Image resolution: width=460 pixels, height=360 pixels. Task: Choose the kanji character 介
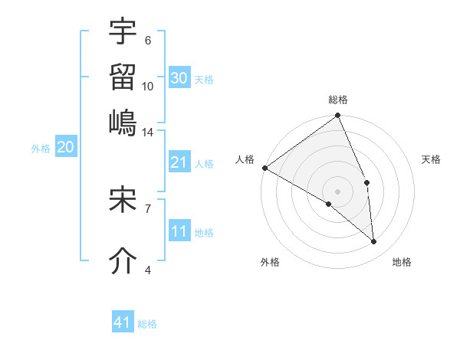123,260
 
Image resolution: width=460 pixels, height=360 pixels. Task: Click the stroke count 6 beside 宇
147,41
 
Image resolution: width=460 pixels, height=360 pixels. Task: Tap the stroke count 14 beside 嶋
147,133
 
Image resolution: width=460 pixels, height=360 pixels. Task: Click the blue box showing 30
179,78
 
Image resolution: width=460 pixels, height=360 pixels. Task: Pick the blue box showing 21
179,162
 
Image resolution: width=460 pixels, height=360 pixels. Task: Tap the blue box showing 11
179,232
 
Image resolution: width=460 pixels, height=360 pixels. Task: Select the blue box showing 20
65,148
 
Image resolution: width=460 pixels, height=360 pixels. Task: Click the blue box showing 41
123,322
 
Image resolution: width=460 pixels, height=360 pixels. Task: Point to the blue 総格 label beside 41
147,324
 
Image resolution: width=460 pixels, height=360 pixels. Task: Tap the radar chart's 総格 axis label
338,100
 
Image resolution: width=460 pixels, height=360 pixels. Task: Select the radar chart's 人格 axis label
245,159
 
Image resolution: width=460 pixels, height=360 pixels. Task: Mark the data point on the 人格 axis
264,168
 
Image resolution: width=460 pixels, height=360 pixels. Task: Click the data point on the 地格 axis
374,242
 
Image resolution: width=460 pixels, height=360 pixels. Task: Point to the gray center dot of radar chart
337,191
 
